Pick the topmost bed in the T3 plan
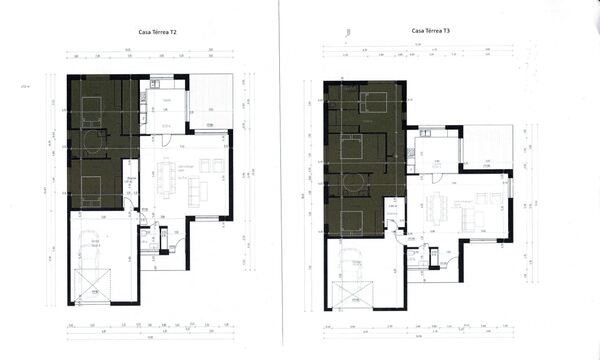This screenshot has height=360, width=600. pyautogui.click(x=374, y=101)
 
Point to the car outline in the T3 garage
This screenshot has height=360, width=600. pyautogui.click(x=351, y=273)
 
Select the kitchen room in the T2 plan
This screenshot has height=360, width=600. pyautogui.click(x=164, y=108)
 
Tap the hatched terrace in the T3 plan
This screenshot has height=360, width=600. pyautogui.click(x=487, y=147)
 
